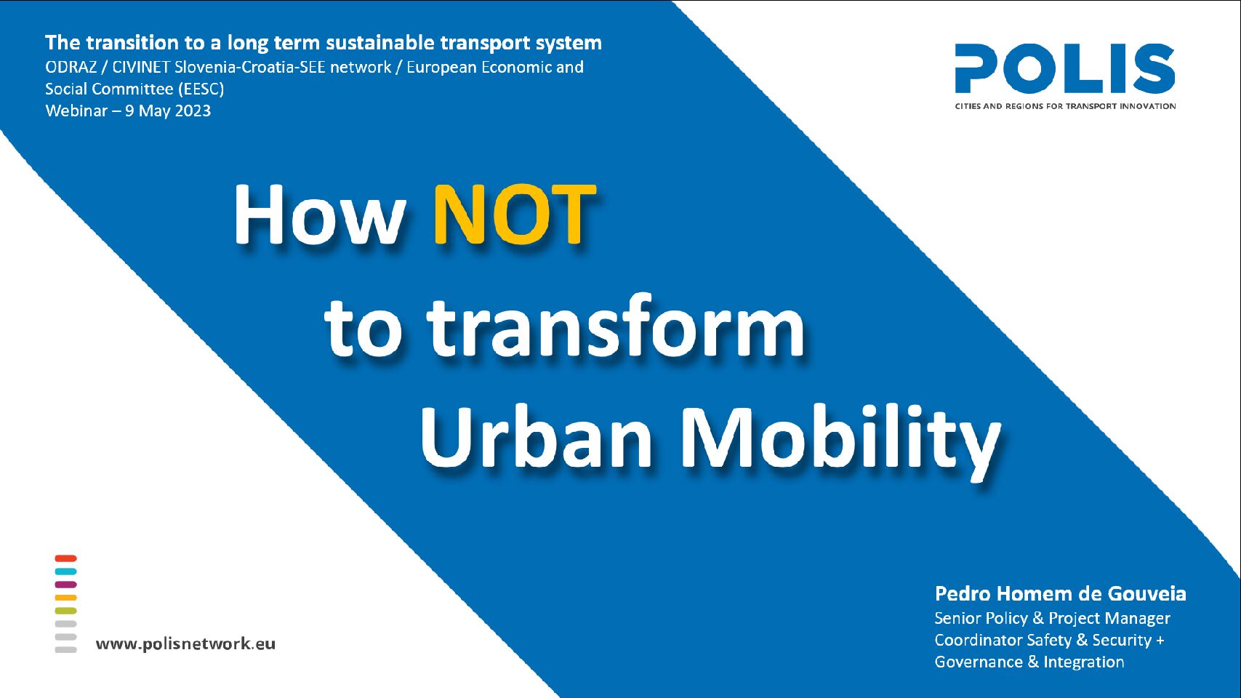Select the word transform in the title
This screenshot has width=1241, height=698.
pos(615,327)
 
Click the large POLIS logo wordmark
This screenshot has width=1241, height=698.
pos(1064,68)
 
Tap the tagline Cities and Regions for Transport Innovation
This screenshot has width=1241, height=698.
pos(1065,106)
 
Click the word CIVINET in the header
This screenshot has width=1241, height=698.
pos(141,68)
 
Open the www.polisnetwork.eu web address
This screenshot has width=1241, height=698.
pos(185,643)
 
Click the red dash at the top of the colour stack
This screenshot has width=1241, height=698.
pos(66,558)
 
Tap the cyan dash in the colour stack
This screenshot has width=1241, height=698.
pos(66,571)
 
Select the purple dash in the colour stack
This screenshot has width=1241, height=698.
pos(66,585)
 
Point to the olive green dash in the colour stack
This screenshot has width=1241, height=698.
pos(66,611)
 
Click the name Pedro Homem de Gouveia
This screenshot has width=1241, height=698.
pos(1061,594)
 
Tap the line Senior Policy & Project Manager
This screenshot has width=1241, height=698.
pos(1053,618)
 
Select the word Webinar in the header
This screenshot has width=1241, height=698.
pos(76,111)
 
